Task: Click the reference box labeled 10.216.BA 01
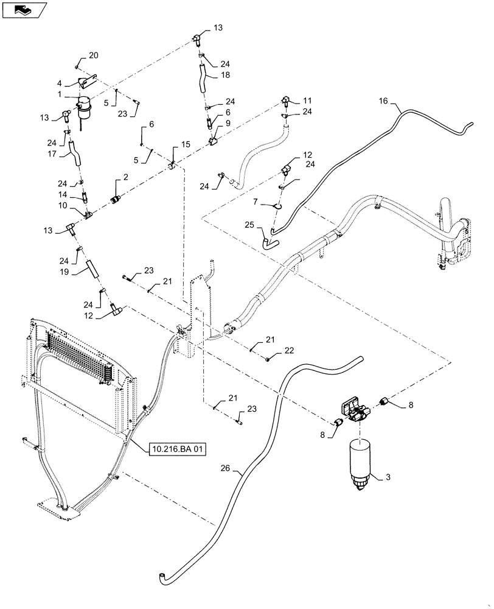coord(177,449)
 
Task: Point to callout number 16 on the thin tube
coord(383,101)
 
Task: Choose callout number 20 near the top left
coord(93,56)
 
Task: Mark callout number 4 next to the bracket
coord(60,83)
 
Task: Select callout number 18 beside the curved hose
coord(225,76)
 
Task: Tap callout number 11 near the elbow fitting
coord(307,99)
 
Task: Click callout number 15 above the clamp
coord(185,144)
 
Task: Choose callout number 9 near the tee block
coord(228,124)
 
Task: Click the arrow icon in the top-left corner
coord(24,9)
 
